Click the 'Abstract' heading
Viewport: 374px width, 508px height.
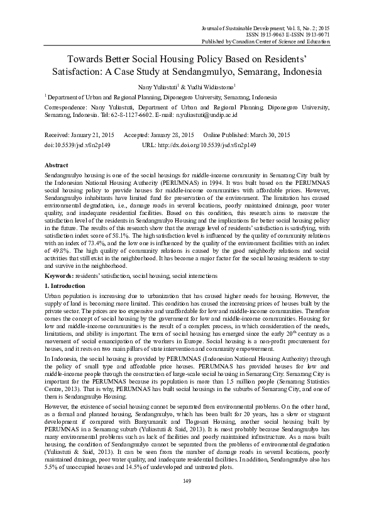pos(57,163)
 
